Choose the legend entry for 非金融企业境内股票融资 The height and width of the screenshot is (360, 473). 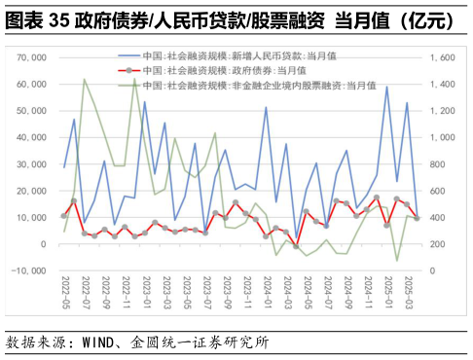tap(243, 86)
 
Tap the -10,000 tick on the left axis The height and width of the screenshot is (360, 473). tap(30, 270)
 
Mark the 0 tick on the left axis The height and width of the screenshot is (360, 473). tap(44, 244)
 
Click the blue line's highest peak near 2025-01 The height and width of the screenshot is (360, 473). tap(386, 87)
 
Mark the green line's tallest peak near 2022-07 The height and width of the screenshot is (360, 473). tap(84, 80)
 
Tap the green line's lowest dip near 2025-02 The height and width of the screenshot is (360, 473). tap(397, 260)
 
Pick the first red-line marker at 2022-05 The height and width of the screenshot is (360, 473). tap(64, 216)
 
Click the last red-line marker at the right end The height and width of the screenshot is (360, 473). tap(418, 218)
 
